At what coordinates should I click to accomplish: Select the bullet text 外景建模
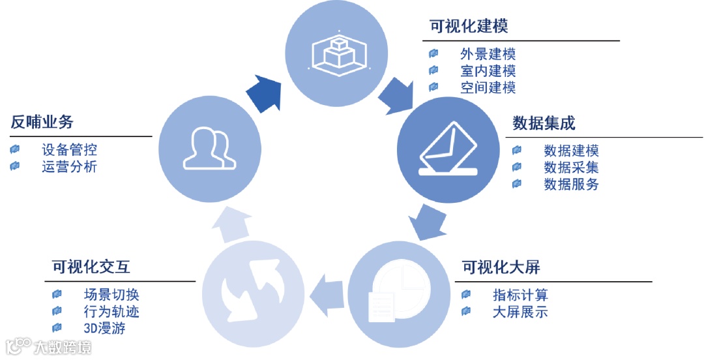488,54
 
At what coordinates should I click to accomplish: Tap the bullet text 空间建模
488,87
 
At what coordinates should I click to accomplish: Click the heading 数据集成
544,123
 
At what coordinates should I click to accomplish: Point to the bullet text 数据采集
571,168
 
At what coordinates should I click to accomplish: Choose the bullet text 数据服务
571,184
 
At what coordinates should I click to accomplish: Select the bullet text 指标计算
520,295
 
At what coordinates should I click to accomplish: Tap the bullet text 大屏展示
520,312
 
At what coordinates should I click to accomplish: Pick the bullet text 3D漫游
104,327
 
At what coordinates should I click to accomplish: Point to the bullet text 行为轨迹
111,311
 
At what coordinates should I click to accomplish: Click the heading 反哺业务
42,122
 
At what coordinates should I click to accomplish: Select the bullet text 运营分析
69,166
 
